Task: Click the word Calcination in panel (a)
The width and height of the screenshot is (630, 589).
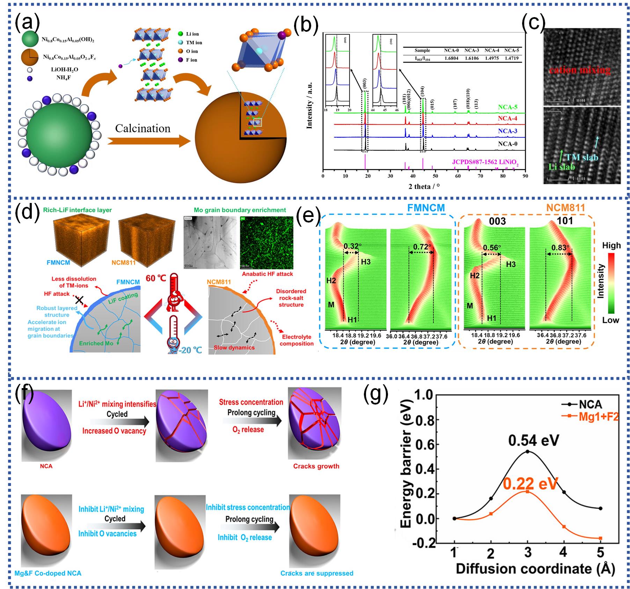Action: [x=142, y=129]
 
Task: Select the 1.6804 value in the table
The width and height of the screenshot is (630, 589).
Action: [x=451, y=58]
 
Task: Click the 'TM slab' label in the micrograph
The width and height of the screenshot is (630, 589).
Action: [x=582, y=157]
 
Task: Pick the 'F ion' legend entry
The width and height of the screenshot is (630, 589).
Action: [x=191, y=60]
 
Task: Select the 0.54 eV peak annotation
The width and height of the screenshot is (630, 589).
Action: [x=533, y=440]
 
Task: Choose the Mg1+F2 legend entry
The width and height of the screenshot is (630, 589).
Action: [x=598, y=416]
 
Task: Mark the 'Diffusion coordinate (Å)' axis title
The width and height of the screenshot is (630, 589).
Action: [x=535, y=569]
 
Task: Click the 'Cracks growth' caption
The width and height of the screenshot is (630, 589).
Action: [x=316, y=466]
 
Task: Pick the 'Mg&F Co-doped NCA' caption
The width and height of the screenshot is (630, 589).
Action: [x=48, y=573]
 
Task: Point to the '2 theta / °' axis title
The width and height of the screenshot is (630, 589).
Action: [x=424, y=186]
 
